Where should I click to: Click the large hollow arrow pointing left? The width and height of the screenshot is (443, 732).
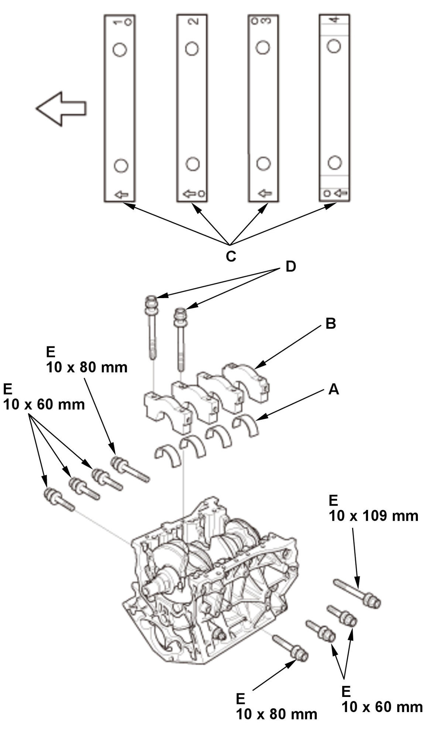61,108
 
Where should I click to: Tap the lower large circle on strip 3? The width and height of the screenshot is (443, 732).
263,163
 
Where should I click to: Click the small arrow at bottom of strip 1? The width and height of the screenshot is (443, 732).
121,194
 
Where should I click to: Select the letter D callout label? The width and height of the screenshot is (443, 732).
291,266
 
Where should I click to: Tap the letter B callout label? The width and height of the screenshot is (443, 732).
330,324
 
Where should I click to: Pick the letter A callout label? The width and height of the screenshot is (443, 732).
333,389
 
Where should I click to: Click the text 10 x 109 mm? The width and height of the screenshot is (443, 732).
373,516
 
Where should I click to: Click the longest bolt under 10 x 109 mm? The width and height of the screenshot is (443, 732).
357,593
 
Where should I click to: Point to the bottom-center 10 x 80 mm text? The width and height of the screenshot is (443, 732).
276,714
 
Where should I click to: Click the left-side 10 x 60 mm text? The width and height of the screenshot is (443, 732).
44,404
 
